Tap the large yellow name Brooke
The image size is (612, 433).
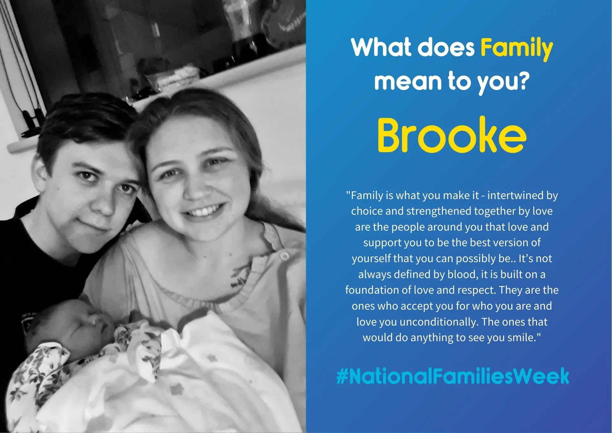point(452,135)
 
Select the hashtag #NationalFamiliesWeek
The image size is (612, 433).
point(453,376)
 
